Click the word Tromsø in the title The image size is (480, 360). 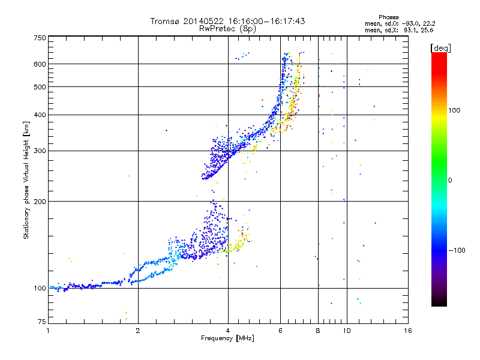coord(166,21)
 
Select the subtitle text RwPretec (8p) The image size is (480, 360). coord(227,29)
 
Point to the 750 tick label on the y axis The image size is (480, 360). coord(40,38)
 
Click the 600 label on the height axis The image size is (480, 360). coord(40,64)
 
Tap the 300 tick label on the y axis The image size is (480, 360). coord(40,151)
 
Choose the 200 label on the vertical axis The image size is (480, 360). coord(40,201)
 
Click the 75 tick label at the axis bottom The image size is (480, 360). coord(42,322)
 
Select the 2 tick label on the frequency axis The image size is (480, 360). coord(138,331)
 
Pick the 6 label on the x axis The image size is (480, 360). coord(280,331)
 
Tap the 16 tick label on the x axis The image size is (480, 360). coord(408,331)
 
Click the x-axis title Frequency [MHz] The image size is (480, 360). coord(227,338)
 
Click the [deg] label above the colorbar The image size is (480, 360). coord(440,48)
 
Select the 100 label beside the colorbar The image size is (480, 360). coord(454,110)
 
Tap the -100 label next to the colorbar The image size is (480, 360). coord(457,250)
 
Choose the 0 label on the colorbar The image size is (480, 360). coord(450,180)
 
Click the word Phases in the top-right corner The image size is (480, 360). coord(388,17)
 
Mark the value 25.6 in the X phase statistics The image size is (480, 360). coord(427,30)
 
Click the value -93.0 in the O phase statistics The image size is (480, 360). coord(410,23)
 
